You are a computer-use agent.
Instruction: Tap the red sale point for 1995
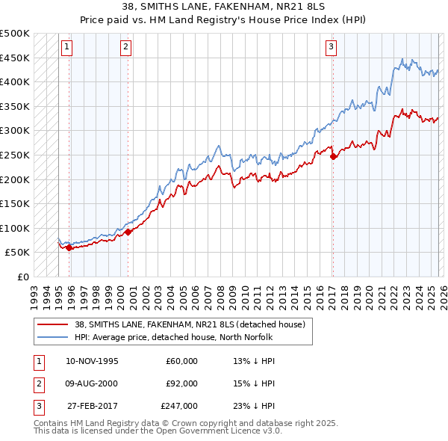[x=69, y=247]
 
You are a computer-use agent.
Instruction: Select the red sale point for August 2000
[x=128, y=232]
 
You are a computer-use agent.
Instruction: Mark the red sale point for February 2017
[x=333, y=156]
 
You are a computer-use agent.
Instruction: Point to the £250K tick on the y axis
[x=15, y=155]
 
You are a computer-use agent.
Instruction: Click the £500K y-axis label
[x=15, y=34]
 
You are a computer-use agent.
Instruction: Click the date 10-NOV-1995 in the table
[x=92, y=361]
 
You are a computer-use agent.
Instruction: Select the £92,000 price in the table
[x=182, y=383]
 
